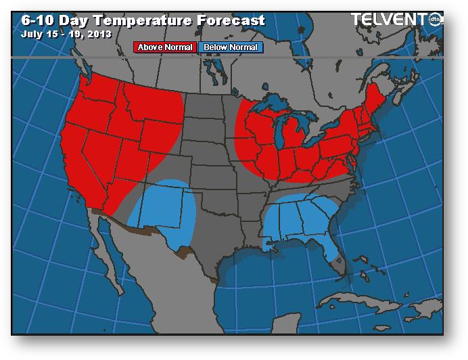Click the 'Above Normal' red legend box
point(166,47)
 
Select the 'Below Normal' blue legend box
point(230,47)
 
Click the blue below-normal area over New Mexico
point(162,210)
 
